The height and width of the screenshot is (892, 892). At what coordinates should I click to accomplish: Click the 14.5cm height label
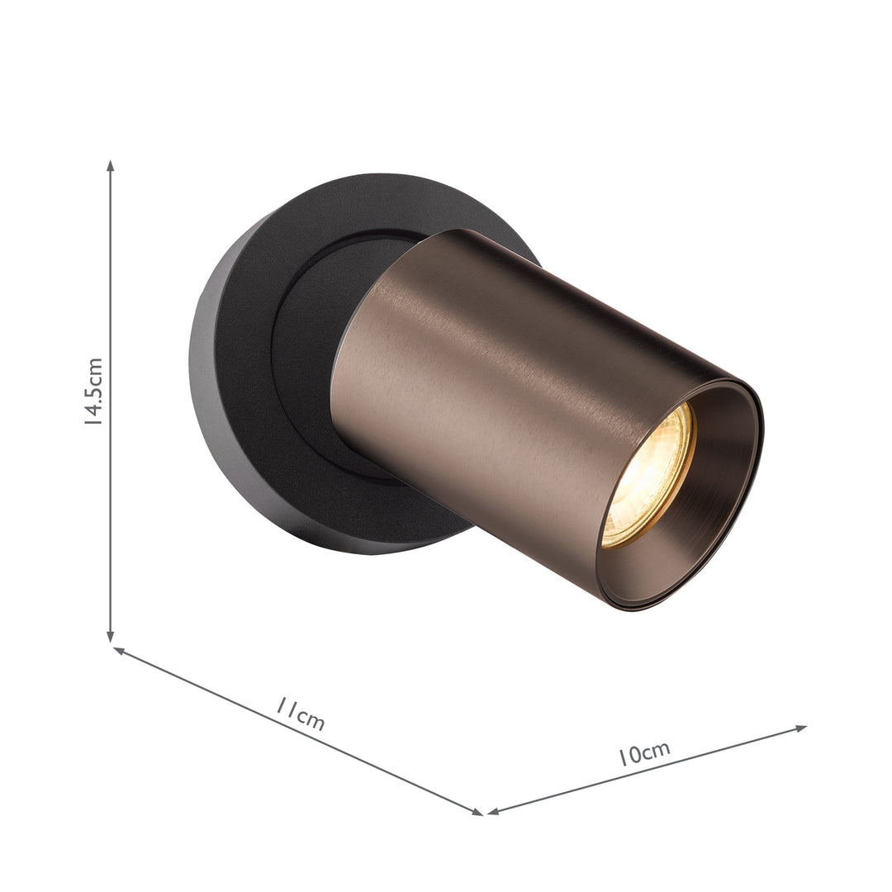93,391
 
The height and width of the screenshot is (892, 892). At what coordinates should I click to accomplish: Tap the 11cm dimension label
301,715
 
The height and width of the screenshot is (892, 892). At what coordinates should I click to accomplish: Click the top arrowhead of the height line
111,165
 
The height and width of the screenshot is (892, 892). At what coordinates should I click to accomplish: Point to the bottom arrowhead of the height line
111,637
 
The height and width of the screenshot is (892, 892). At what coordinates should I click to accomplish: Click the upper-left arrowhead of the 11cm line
119,650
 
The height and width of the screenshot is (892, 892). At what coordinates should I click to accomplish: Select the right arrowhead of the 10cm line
801,728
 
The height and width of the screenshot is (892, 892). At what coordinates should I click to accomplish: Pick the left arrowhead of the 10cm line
493,811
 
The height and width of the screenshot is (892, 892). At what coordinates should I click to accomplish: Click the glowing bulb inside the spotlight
648,478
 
